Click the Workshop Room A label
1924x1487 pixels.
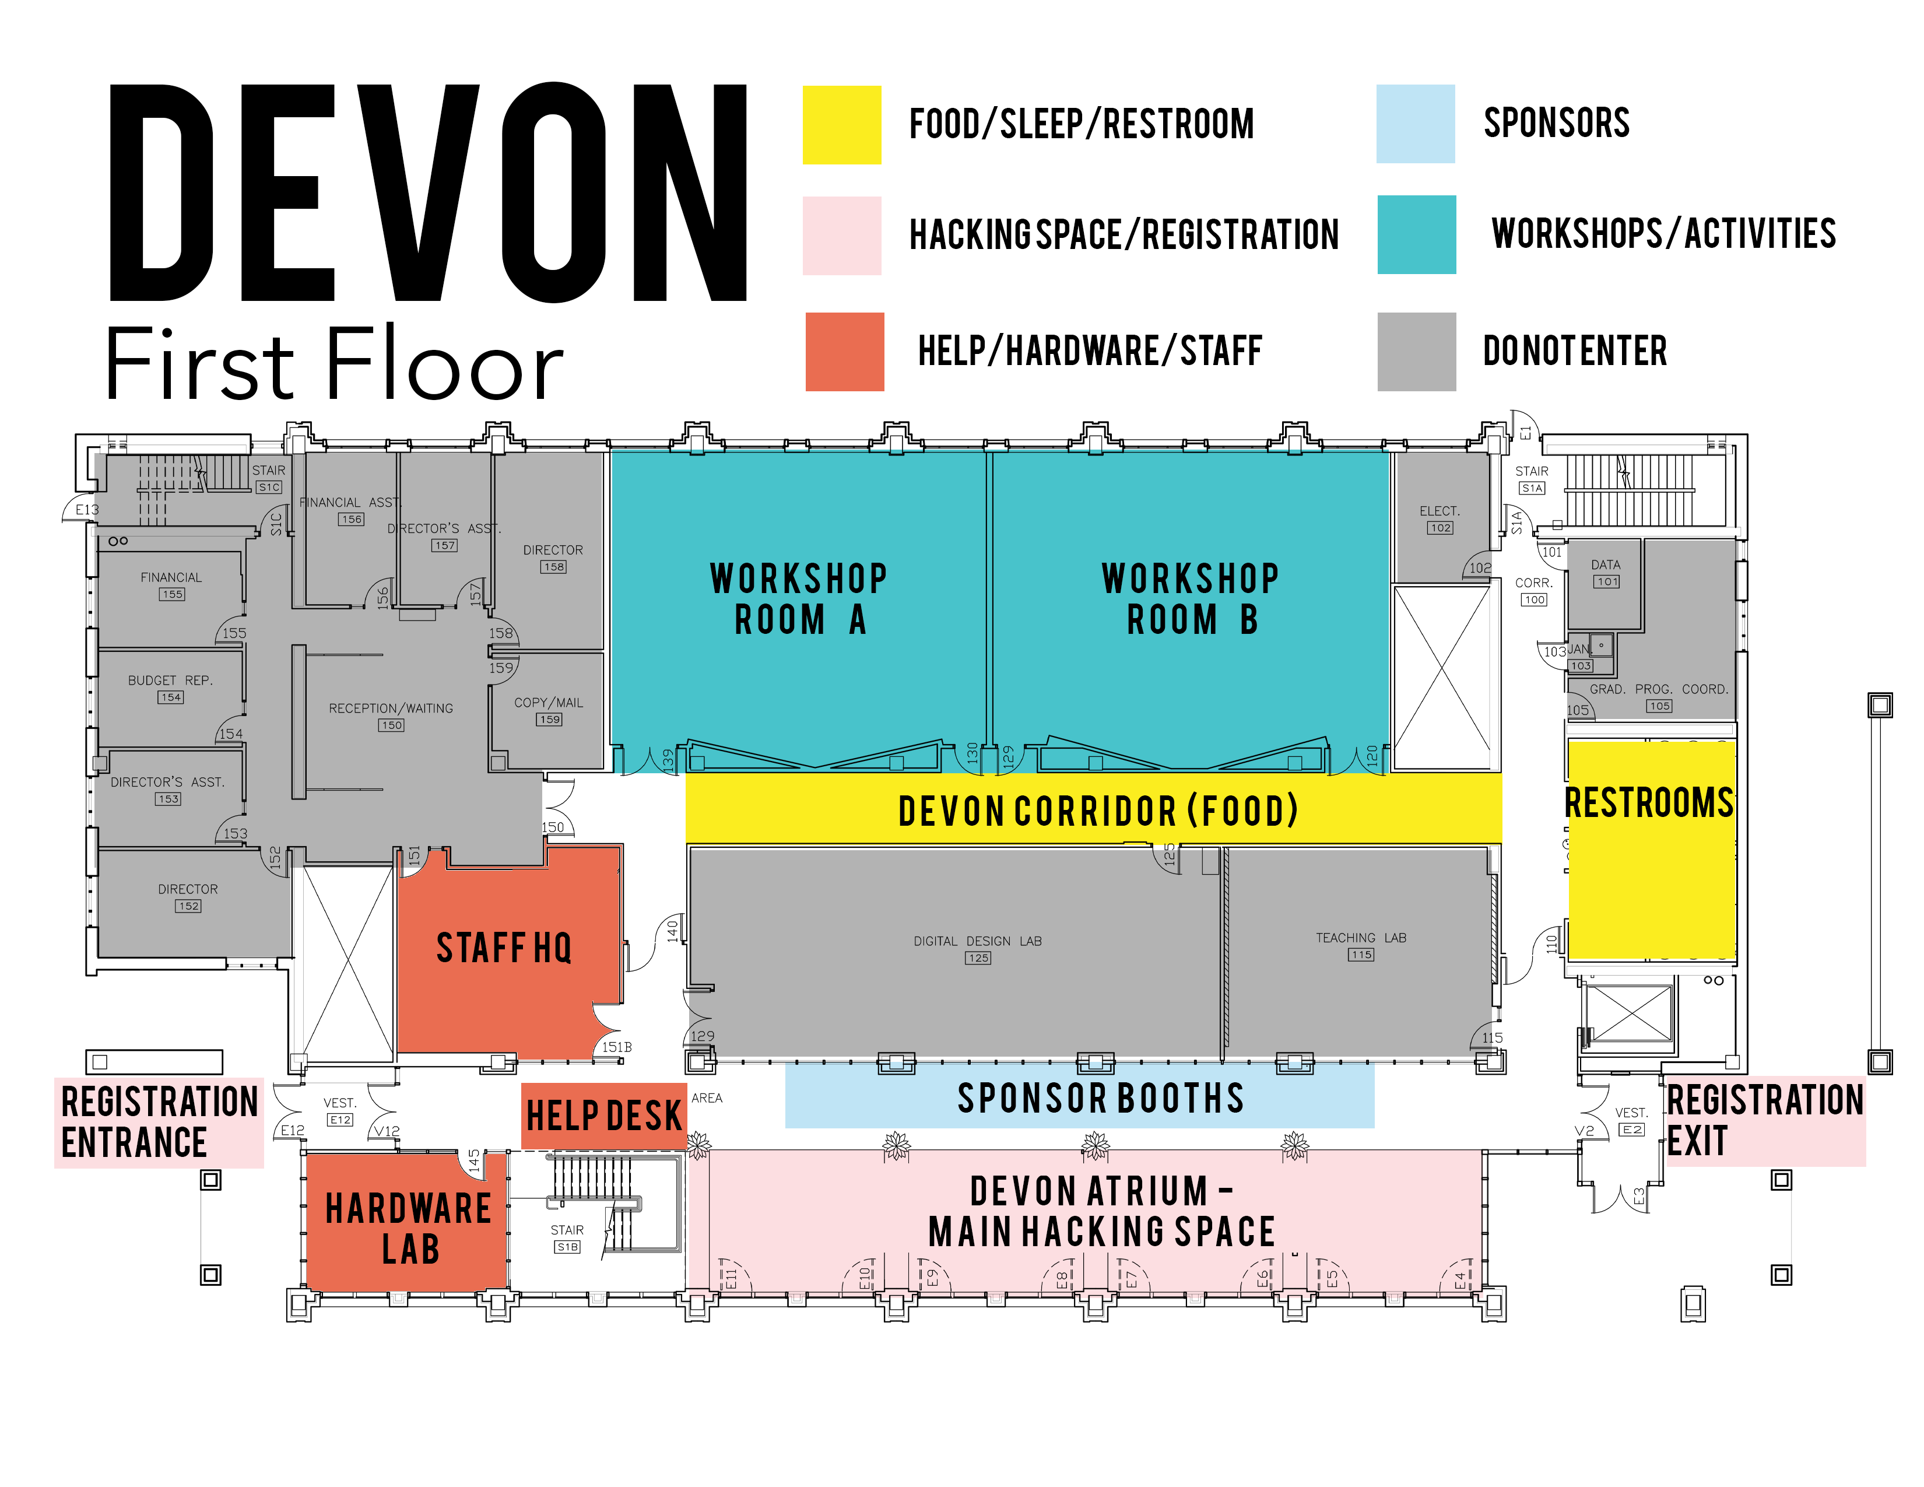pyautogui.click(x=798, y=599)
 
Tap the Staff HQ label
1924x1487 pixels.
pyautogui.click(x=504, y=948)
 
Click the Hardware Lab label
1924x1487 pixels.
pyautogui.click(x=408, y=1228)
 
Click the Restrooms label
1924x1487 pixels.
pyautogui.click(x=1648, y=802)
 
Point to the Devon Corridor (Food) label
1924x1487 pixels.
pyautogui.click(x=1098, y=811)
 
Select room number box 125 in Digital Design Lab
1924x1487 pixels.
pyautogui.click(x=978, y=958)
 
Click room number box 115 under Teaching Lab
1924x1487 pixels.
pyautogui.click(x=1360, y=954)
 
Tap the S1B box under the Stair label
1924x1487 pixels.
pyautogui.click(x=567, y=1247)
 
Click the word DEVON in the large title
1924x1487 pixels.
pyautogui.click(x=428, y=193)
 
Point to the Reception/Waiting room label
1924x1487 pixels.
pyautogui.click(x=391, y=709)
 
